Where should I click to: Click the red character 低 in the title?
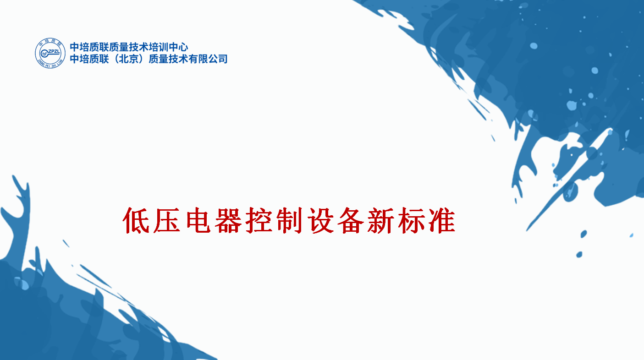click(136, 220)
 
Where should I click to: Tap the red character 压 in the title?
click(167, 220)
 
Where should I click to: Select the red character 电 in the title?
click(198, 220)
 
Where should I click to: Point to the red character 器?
click(228, 220)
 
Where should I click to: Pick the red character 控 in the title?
click(259, 220)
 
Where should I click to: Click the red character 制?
click(289, 220)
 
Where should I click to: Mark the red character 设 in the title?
click(320, 220)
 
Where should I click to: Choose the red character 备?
click(351, 220)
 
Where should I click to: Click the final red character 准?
click(442, 220)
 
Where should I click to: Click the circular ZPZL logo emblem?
click(50, 53)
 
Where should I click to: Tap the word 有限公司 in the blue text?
click(208, 59)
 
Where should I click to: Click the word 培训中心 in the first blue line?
click(169, 47)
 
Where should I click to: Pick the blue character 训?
click(164, 47)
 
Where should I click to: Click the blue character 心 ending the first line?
click(183, 47)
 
